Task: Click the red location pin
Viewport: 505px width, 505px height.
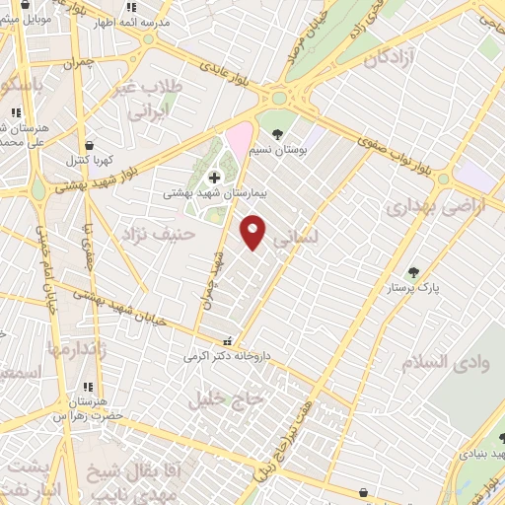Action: click(253, 232)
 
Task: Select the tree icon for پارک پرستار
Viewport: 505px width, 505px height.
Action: click(413, 272)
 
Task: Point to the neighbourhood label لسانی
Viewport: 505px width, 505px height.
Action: click(296, 238)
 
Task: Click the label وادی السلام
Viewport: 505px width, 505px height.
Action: click(444, 362)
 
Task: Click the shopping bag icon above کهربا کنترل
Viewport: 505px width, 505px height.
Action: click(90, 145)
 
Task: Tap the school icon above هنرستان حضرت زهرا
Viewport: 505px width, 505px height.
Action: click(88, 387)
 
